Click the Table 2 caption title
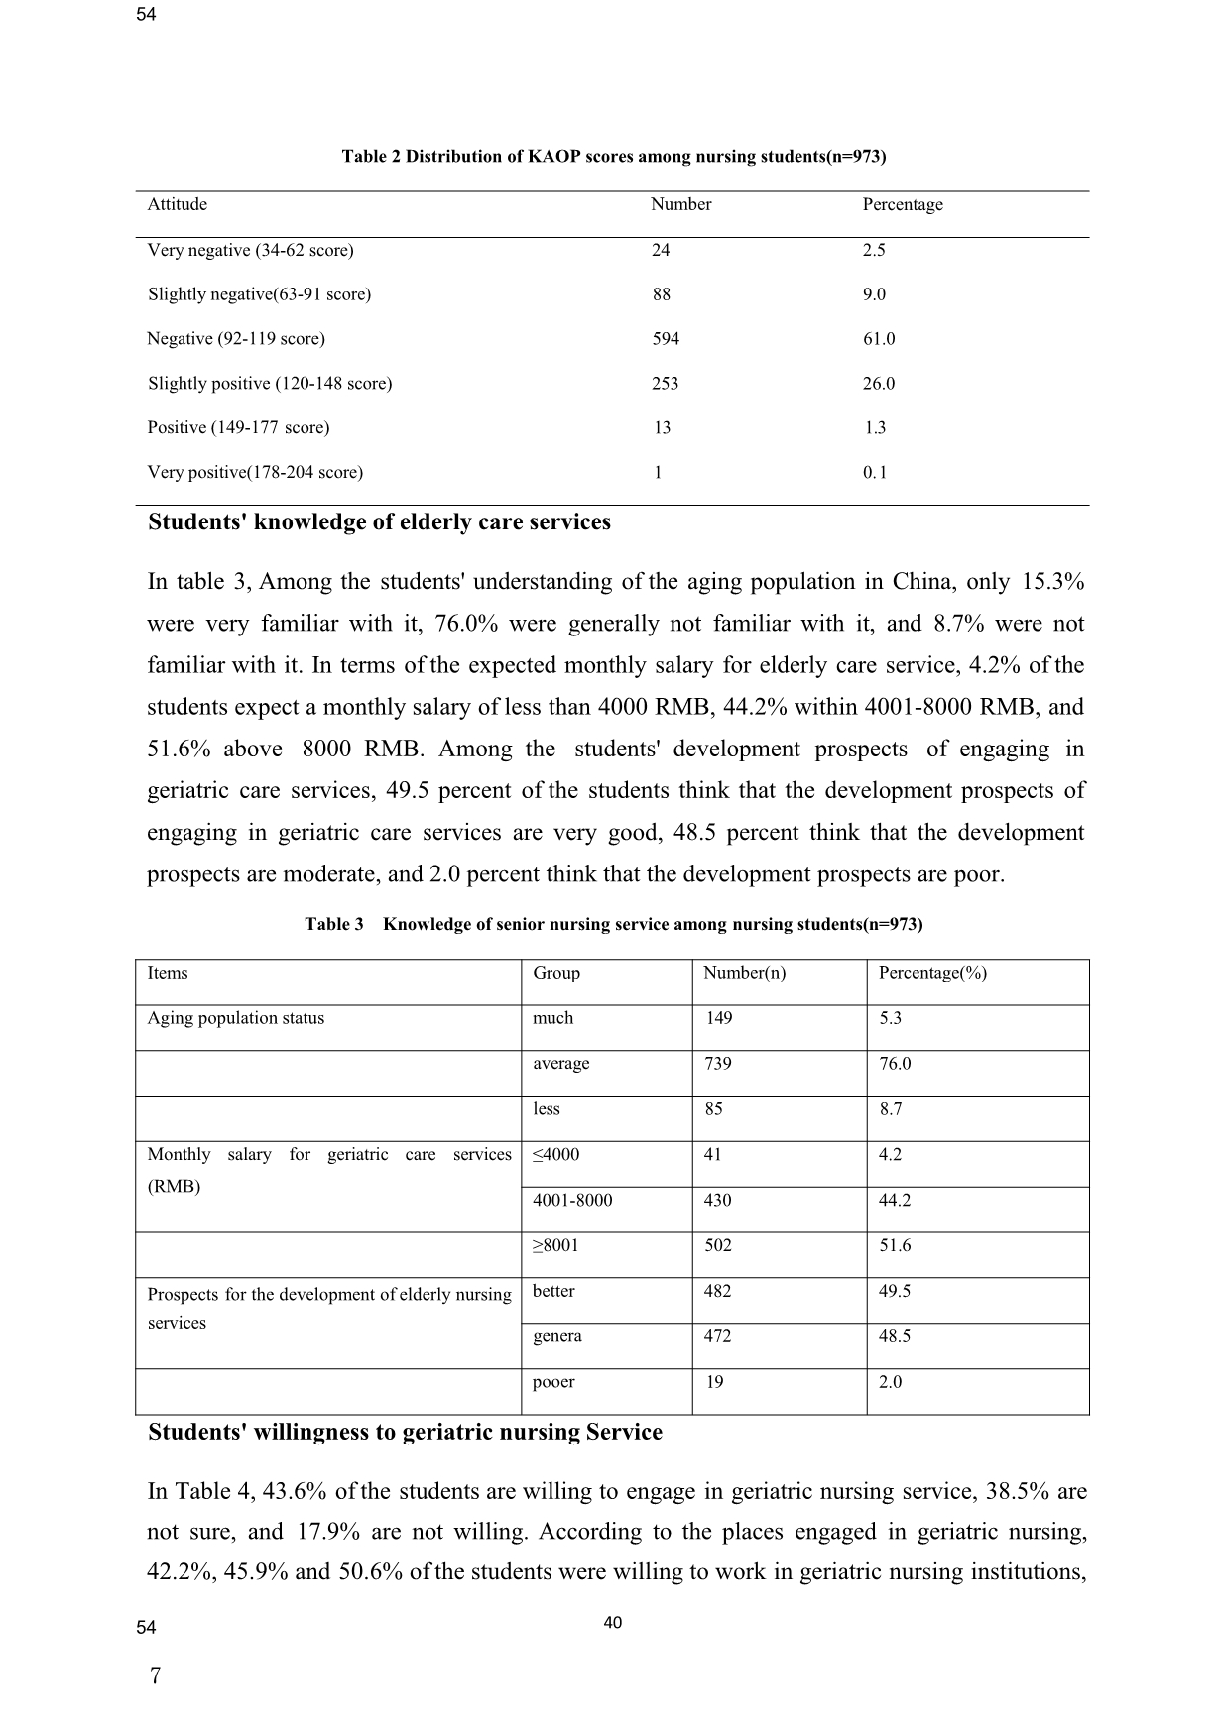pyautogui.click(x=613, y=157)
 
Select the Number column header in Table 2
pyautogui.click(x=680, y=205)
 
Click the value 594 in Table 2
pyautogui.click(x=666, y=339)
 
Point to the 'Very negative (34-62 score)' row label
pyautogui.click(x=250, y=251)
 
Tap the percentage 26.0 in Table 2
pyautogui.click(x=878, y=384)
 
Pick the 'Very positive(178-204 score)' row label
pyautogui.click(x=255, y=473)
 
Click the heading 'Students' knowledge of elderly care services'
pyautogui.click(x=379, y=522)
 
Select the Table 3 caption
pyautogui.click(x=613, y=925)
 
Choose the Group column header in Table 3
pyautogui.click(x=556, y=973)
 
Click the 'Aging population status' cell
pyautogui.click(x=236, y=1018)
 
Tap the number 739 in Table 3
pyautogui.click(x=717, y=1064)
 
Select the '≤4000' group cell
pyautogui.click(x=555, y=1155)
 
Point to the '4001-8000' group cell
pyautogui.click(x=572, y=1201)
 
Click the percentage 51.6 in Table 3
pyautogui.click(x=895, y=1246)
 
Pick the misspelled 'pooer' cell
pyautogui.click(x=553, y=1382)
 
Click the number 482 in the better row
pyautogui.click(x=717, y=1292)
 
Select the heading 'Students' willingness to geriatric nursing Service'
pyautogui.click(x=405, y=1433)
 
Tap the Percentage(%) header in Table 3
pyautogui.click(x=932, y=973)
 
